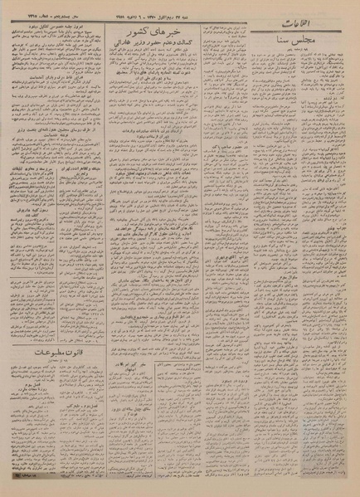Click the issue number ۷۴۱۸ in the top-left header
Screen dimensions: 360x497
[21, 17]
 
